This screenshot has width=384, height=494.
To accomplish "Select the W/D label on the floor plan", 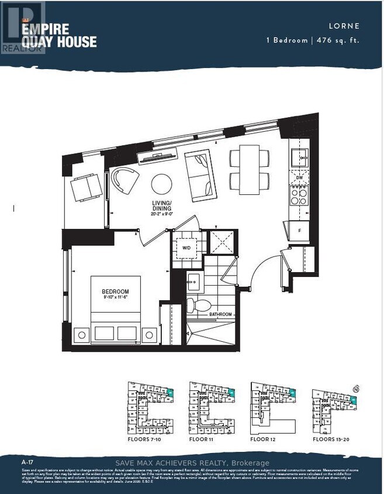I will coord(186,248).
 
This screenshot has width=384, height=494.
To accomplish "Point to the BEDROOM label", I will coord(115,291).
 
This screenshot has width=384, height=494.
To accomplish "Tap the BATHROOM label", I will coord(221,315).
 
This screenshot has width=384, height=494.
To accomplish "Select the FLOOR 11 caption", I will coord(206,438).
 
